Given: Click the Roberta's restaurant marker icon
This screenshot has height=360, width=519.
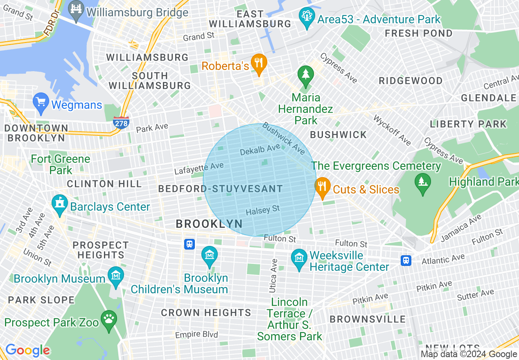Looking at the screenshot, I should point(259,63).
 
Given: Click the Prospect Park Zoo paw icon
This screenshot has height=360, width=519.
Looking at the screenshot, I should point(108,319).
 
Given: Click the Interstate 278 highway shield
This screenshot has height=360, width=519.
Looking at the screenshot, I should point(121,122).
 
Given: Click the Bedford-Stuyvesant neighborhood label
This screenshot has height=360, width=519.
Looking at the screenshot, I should point(220,189).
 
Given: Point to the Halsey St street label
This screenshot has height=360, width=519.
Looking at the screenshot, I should point(263,210).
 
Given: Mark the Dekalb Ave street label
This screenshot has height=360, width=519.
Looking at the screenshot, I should point(260,150).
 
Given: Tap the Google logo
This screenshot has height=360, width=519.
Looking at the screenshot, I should point(27,350).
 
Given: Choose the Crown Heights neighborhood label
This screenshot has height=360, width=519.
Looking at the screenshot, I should point(206,313).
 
